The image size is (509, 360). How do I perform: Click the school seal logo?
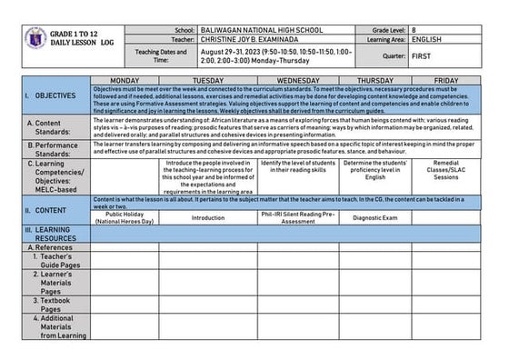(x=36, y=39)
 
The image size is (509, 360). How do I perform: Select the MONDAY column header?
(x=125, y=81)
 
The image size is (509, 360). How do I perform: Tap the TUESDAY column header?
(x=208, y=81)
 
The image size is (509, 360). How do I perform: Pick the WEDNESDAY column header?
(x=291, y=81)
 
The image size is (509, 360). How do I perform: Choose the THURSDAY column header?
(x=374, y=81)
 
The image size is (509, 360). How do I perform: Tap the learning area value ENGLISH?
(x=426, y=40)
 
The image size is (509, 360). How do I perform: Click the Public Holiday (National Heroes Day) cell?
(x=125, y=217)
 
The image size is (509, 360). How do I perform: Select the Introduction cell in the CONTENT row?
(x=208, y=217)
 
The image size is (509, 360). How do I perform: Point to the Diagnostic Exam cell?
(x=374, y=217)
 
